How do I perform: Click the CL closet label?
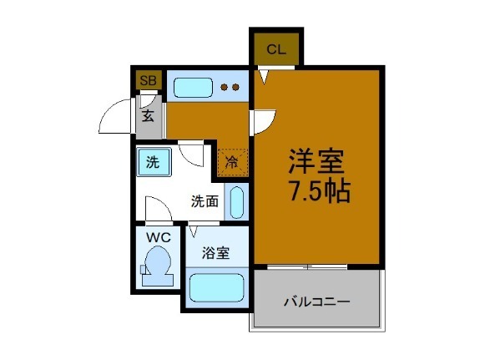[x=276, y=48]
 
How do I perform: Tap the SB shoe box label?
[x=148, y=80]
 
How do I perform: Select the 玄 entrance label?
[x=148, y=115]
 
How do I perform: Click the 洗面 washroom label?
[x=205, y=200]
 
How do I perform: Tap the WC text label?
[x=158, y=237]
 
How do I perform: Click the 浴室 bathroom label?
[x=215, y=254]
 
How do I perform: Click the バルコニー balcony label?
[x=316, y=300]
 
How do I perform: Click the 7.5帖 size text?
[x=319, y=191]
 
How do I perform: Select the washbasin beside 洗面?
[x=236, y=203]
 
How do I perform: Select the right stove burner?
[x=236, y=86]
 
